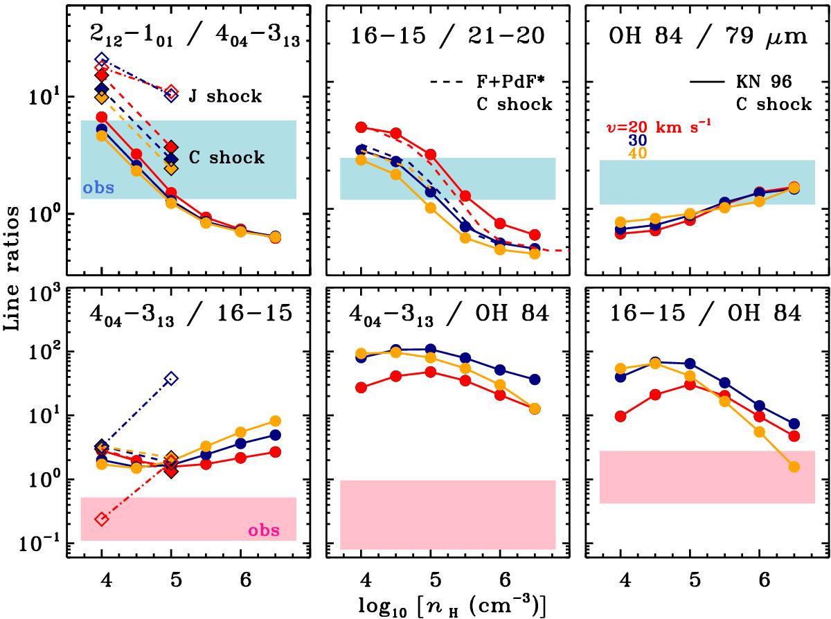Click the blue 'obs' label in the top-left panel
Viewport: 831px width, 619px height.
95,188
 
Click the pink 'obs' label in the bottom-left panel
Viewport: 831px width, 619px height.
264,531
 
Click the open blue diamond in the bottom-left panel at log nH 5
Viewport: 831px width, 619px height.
172,378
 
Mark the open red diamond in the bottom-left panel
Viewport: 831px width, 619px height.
102,519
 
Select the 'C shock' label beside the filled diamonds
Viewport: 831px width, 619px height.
226,158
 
